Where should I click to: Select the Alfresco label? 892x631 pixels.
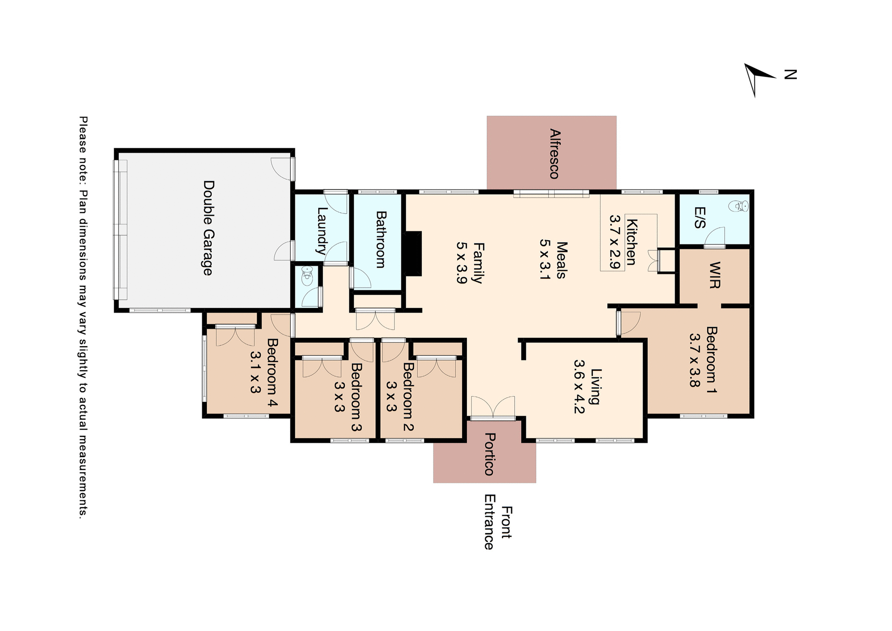pos(554,154)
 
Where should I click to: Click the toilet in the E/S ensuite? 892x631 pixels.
pos(738,206)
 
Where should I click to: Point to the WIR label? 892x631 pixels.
pos(715,275)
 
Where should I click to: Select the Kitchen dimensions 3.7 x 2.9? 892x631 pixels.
pos(615,242)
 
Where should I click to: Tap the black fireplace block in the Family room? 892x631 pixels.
pos(412,254)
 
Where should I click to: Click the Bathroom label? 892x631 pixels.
pos(380,239)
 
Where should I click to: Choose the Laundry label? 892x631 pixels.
pos(321,231)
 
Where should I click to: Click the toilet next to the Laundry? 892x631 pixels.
pos(307,277)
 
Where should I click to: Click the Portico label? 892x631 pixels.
pos(489,454)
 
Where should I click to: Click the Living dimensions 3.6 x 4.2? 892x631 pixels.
pos(579,387)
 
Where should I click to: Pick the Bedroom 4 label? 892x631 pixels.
pos(272,373)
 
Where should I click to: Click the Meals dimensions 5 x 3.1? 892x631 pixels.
pos(545,259)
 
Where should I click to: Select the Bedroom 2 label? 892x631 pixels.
pos(408,396)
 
